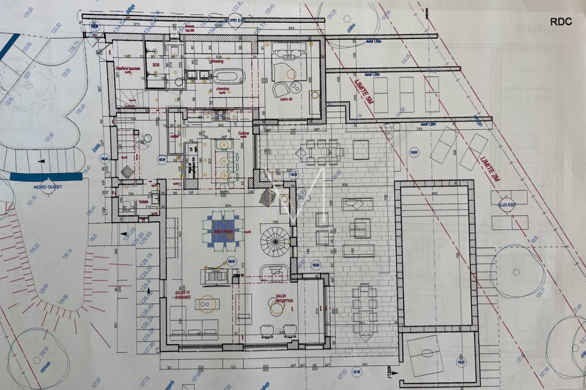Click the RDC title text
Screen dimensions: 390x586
(561, 22)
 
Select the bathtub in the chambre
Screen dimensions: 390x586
(229, 76)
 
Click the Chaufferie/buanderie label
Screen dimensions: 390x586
(128, 69)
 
